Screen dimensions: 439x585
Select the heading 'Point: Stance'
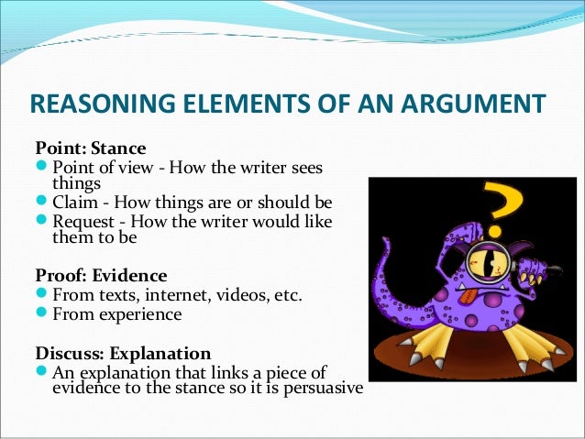point(88,148)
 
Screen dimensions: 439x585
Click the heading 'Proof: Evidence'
point(100,275)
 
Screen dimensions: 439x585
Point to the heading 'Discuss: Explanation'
point(123,352)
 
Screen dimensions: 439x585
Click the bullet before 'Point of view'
point(42,167)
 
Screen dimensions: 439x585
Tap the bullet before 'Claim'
point(42,203)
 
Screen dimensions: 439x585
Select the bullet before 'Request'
point(42,222)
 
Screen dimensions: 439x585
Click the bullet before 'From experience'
point(42,314)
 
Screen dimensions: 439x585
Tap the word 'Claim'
point(75,203)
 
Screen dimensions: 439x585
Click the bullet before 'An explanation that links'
point(42,372)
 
